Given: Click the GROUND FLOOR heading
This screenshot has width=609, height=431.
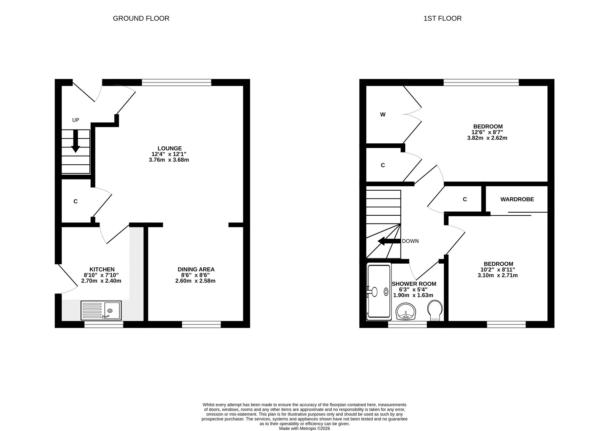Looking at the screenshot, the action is (141, 18).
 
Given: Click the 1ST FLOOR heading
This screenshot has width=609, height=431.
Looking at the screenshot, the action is (443, 18).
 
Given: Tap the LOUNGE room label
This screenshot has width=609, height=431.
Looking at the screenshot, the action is (170, 148).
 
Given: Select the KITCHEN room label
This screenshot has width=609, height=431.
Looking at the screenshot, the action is (102, 269).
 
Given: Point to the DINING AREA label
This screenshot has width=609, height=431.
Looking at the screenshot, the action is (196, 269).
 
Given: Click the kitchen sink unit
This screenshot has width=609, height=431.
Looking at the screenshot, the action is (101, 310).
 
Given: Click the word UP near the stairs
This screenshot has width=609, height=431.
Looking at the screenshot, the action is (75, 120).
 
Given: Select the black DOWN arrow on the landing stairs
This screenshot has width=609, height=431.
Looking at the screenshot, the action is (389, 241).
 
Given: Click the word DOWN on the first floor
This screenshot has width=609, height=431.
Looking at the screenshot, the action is (410, 241).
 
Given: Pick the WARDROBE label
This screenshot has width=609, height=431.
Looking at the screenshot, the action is (517, 199).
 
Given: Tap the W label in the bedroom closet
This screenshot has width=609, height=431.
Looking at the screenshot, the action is (383, 115).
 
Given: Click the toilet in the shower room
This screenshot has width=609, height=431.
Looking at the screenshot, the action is (435, 311).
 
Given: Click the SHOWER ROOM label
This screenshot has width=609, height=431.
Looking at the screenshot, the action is (414, 284).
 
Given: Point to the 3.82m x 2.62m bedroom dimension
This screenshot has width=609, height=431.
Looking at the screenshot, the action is (487, 138).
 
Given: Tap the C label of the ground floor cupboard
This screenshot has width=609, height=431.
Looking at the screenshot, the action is (75, 201).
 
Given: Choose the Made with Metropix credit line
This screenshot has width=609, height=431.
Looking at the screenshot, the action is (304, 428).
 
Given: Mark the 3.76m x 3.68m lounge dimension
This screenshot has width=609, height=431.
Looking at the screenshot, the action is (169, 160).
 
